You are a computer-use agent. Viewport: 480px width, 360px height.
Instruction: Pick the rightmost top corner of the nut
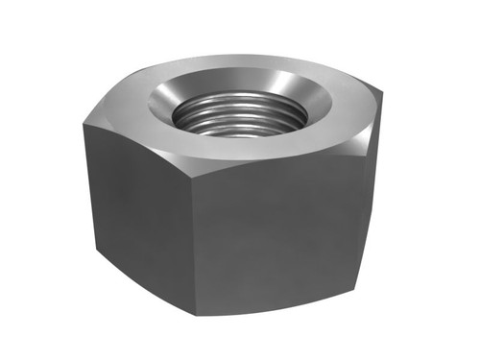click(x=383, y=94)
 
